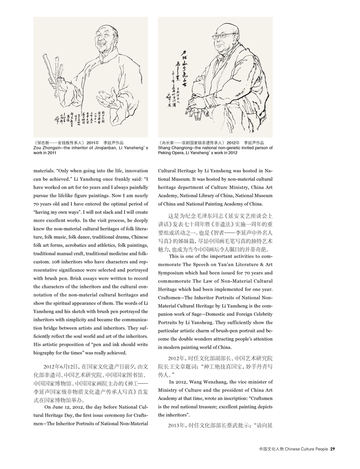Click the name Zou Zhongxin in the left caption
tap(46, 148)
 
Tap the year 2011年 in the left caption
tap(92, 143)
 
